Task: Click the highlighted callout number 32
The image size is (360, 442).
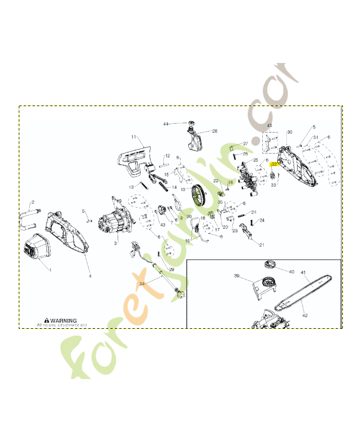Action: (x=274, y=164)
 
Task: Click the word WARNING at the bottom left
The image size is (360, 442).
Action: (x=65, y=320)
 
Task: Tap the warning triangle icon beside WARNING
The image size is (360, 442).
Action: (x=47, y=320)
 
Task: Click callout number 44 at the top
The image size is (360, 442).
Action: (x=166, y=124)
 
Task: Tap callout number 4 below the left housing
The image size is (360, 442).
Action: (x=89, y=275)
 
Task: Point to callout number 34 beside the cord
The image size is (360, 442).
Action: (x=142, y=283)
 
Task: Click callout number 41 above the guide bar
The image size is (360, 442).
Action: (x=303, y=272)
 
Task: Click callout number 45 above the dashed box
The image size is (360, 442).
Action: (x=269, y=127)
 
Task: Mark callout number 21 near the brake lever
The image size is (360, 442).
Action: (x=262, y=245)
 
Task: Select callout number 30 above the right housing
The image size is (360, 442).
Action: (x=290, y=133)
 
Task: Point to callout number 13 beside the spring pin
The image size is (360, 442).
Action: (x=131, y=187)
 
